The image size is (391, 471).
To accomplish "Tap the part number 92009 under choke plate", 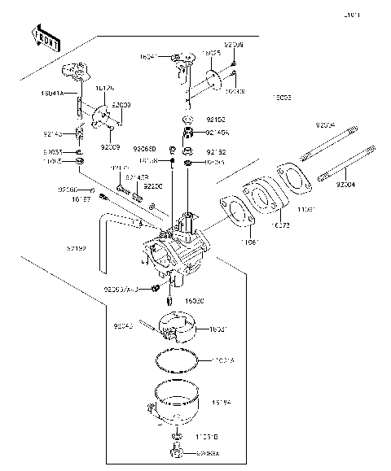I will pos(112,147).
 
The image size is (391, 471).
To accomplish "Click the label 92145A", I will pos(218,132).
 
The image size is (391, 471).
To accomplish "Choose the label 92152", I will pos(216,151).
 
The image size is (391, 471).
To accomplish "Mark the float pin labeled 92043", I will pos(125,326).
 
